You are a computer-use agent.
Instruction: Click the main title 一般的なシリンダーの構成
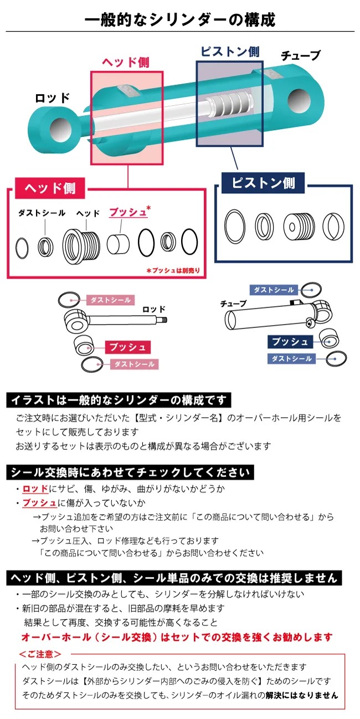(180, 20)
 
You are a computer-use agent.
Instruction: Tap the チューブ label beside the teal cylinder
(300, 56)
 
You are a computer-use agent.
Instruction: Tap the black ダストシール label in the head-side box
(42, 213)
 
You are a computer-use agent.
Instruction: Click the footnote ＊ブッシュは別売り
(172, 271)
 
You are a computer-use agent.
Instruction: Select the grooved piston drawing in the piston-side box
(299, 225)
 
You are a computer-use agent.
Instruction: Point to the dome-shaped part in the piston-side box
(335, 225)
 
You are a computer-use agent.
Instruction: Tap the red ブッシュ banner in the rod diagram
(128, 347)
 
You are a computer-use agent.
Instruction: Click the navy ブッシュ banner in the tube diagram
(290, 341)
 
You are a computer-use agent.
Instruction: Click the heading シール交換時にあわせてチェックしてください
(131, 473)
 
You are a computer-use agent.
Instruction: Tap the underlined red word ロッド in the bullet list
(35, 489)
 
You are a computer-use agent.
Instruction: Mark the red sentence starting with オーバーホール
(177, 636)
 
